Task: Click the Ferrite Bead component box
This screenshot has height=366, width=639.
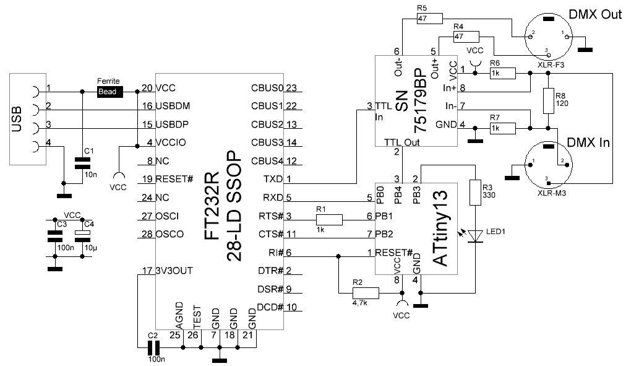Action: [x=109, y=92]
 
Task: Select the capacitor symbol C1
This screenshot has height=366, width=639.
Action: [x=82, y=163]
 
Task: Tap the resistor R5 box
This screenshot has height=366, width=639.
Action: [x=429, y=19]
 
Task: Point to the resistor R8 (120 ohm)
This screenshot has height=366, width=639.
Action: [x=548, y=100]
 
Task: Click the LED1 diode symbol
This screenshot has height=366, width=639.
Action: [x=475, y=236]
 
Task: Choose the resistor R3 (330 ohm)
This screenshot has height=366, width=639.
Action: [x=475, y=192]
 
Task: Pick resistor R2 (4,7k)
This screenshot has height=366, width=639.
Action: [x=366, y=293]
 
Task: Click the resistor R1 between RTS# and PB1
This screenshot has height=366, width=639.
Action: [x=329, y=219]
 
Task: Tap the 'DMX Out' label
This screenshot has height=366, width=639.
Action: [x=595, y=15]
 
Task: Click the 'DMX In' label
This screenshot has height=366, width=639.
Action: [x=588, y=142]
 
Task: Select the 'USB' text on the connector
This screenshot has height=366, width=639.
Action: [x=17, y=119]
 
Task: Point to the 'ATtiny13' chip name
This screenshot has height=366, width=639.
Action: [x=442, y=229]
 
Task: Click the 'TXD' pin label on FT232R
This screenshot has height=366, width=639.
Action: [x=273, y=179]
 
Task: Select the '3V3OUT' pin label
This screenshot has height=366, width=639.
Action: [x=174, y=271]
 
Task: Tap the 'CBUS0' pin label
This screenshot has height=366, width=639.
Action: [x=267, y=88]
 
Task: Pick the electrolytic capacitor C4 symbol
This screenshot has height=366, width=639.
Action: [x=82, y=236]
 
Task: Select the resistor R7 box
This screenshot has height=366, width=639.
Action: [x=502, y=128]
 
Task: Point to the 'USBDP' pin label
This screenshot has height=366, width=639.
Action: [x=172, y=124]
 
